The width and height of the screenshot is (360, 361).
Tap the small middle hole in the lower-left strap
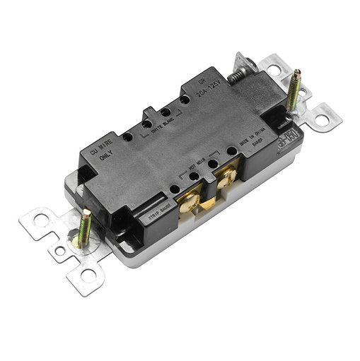coord(61,249)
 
